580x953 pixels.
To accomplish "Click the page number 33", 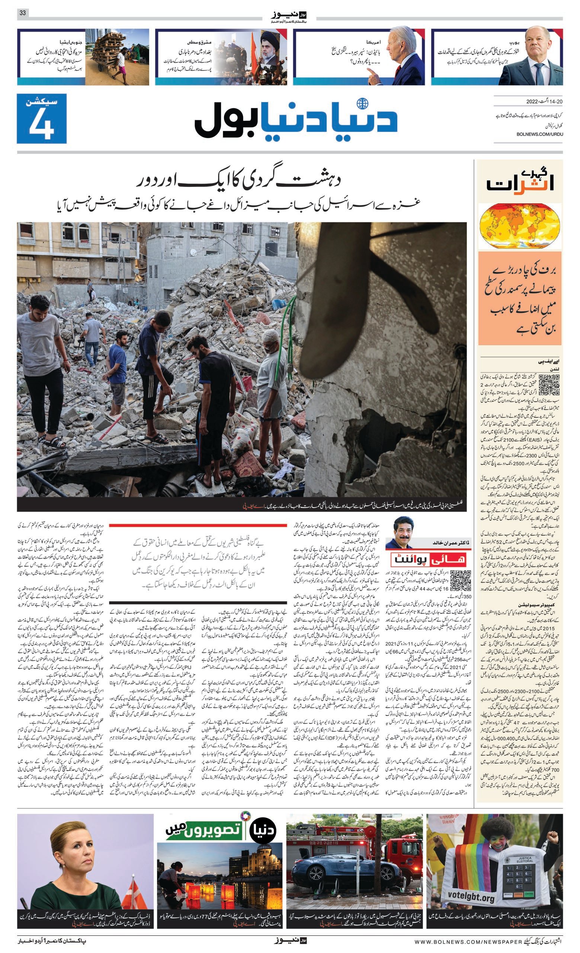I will click(23, 13).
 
